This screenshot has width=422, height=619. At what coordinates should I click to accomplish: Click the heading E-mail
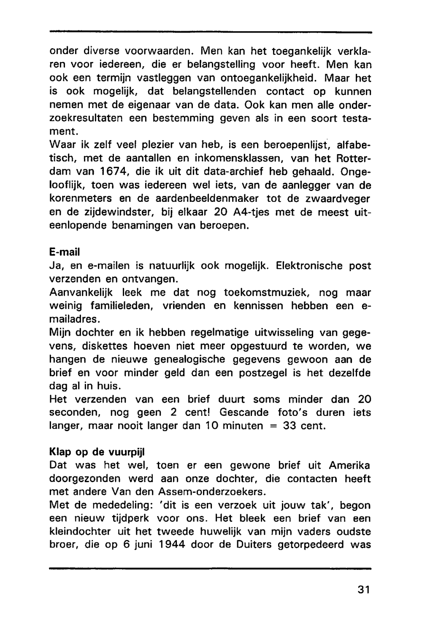pos(65,252)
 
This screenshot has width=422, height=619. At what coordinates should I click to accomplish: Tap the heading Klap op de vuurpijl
pos(97,451)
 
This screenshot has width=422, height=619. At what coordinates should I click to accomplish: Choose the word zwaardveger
pos(338,198)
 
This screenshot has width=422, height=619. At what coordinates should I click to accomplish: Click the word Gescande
pos(244,413)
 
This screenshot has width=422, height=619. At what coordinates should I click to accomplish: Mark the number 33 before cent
pos(289,426)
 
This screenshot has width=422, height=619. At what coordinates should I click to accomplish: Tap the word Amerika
pos(349,465)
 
